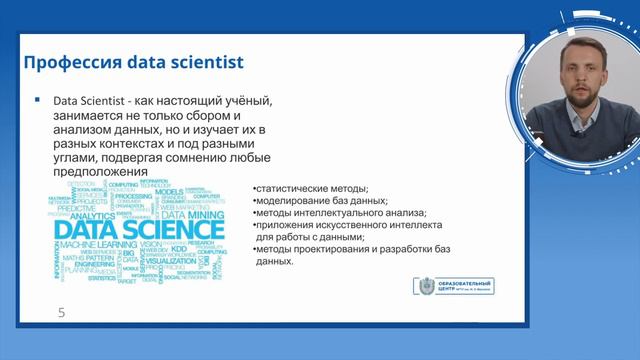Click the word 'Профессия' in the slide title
pos(67,63)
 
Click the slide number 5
pos(61,313)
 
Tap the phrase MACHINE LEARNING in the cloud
pos(98,245)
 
